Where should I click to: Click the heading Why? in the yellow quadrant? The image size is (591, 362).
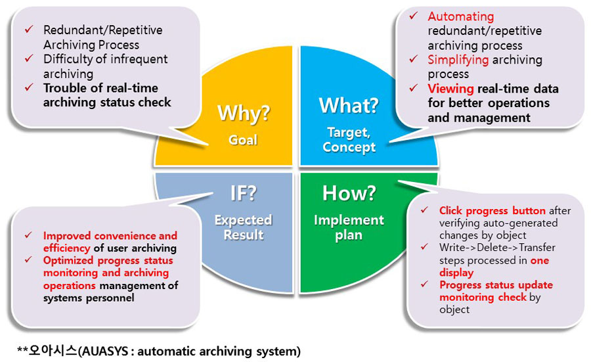244,112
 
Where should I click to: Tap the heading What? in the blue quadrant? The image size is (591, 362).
349,105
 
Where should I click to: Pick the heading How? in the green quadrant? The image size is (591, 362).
348,193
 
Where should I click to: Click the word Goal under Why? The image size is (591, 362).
244,139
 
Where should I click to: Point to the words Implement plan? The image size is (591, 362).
349,227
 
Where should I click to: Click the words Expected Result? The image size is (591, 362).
243,227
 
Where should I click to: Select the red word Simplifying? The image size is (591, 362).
458,60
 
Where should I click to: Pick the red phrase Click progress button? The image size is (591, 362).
492,211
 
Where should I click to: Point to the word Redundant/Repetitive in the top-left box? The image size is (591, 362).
102,30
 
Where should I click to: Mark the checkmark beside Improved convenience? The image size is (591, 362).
28,236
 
